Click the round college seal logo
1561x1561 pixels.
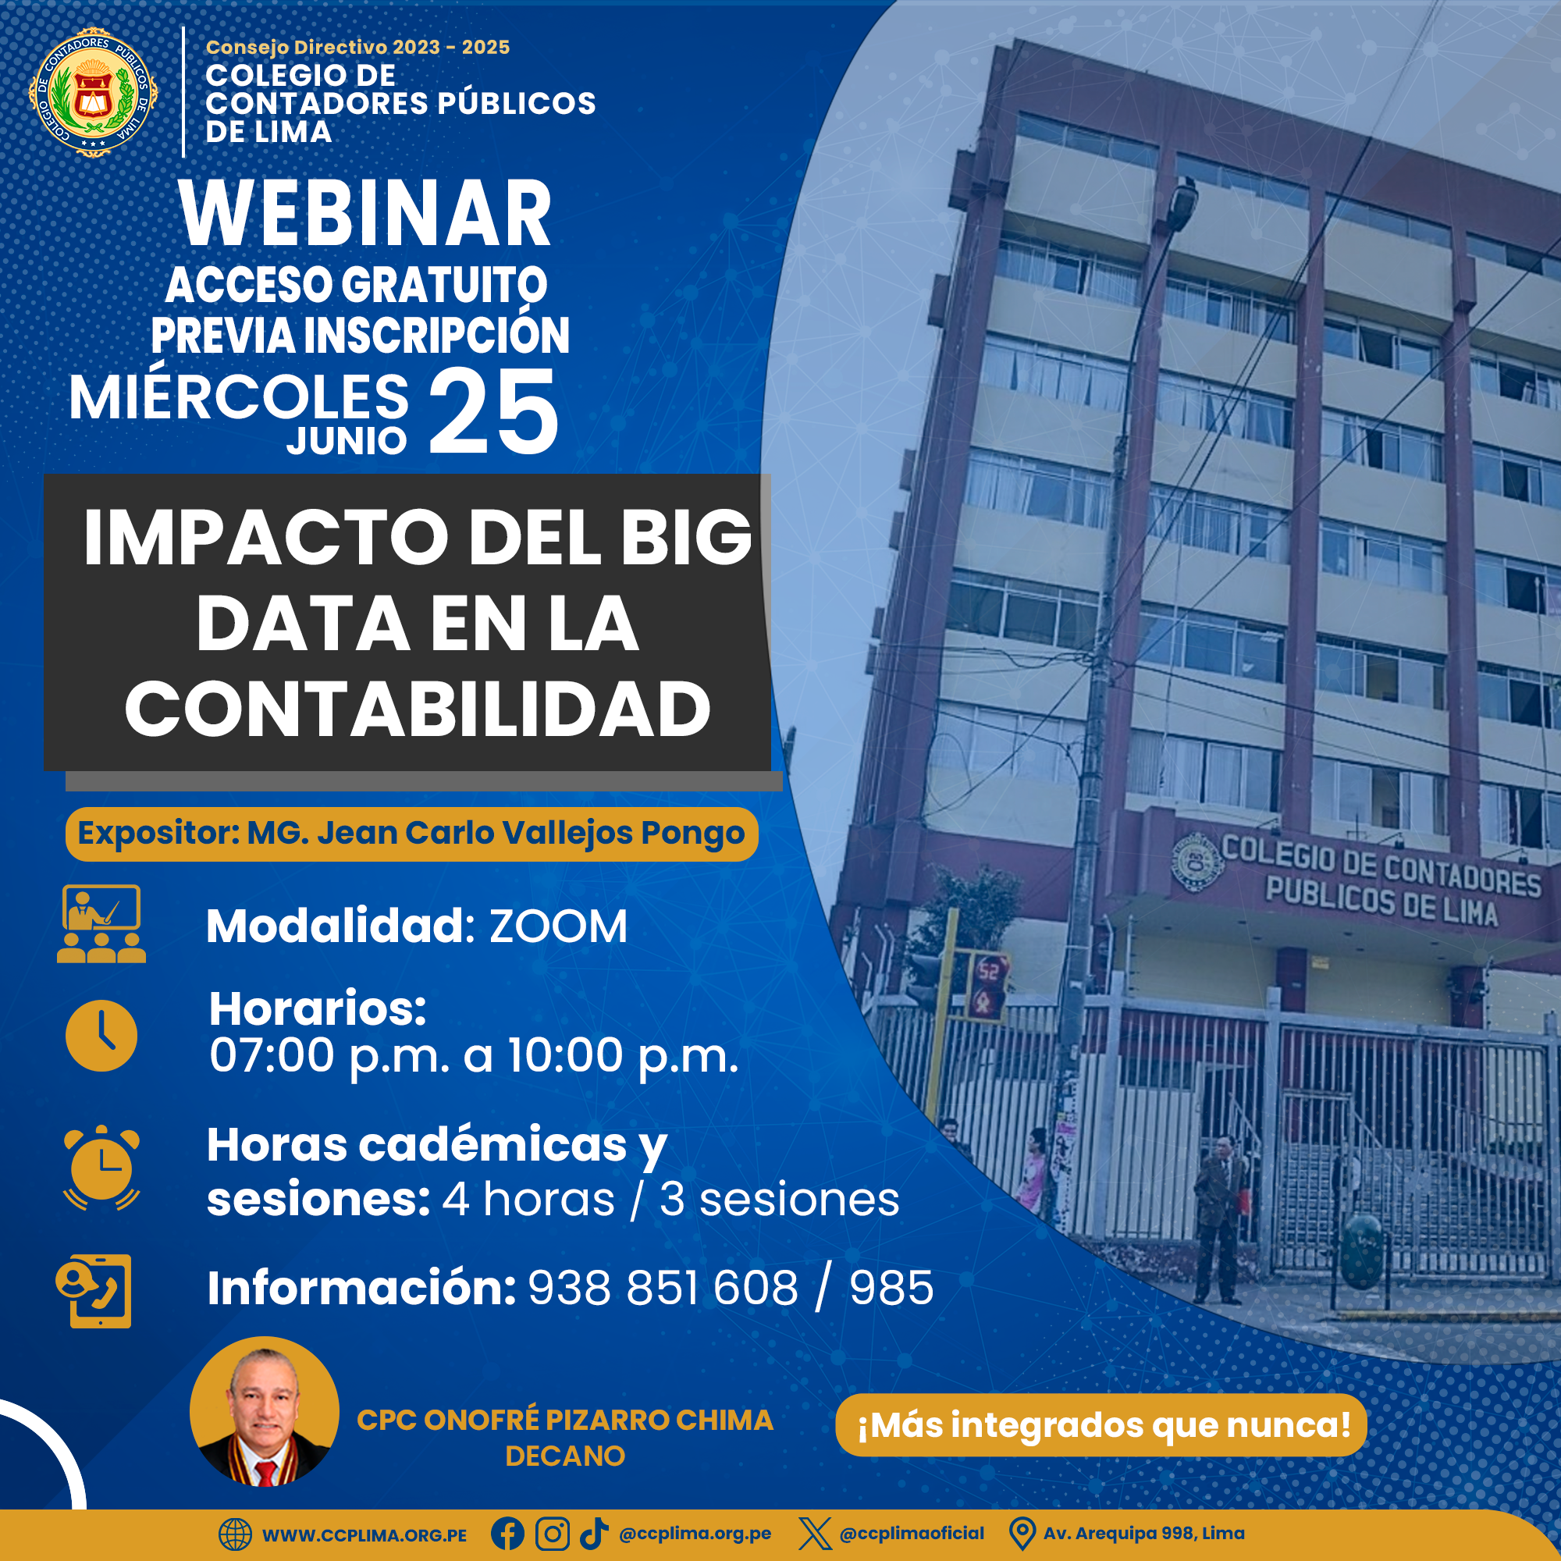[94, 93]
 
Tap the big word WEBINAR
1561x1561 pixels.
[366, 214]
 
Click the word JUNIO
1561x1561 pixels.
[347, 441]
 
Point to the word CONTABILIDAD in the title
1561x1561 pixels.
[418, 709]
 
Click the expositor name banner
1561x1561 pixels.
[411, 833]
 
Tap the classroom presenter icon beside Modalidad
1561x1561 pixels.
[101, 923]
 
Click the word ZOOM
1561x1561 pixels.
[558, 926]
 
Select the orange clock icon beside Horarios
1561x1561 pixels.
[101, 1036]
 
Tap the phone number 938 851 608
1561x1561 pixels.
[663, 1288]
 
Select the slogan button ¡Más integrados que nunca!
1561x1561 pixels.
[1101, 1424]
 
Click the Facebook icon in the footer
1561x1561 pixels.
[507, 1534]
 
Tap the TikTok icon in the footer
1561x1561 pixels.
[594, 1533]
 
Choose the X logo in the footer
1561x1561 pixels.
[814, 1534]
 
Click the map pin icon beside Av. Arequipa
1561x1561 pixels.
[1022, 1534]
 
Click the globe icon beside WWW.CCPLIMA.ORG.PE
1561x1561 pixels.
[236, 1534]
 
